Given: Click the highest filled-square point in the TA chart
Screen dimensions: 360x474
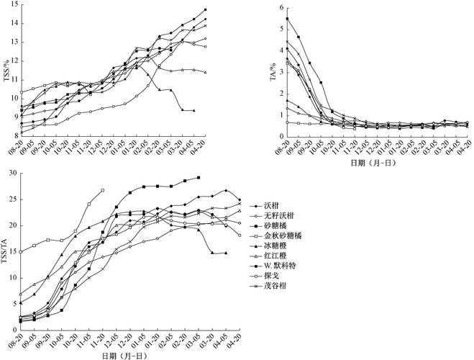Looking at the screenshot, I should tap(288, 19).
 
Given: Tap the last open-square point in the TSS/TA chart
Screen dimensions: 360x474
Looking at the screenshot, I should tap(104, 190).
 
